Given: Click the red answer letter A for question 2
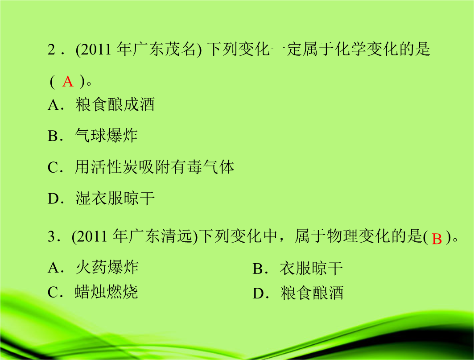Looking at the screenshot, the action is pyautogui.click(x=68, y=82).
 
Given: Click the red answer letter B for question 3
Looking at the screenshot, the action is pyautogui.click(x=437, y=239).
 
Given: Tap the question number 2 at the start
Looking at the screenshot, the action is pyautogui.click(x=51, y=50).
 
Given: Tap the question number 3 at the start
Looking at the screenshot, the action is pyautogui.click(x=51, y=236).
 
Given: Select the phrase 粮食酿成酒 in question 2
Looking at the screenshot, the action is pyautogui.click(x=115, y=104).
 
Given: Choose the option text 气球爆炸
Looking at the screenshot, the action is pyautogui.click(x=107, y=135).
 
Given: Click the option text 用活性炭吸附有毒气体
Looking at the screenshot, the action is pyautogui.click(x=154, y=167).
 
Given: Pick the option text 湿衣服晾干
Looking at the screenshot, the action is pyautogui.click(x=115, y=198).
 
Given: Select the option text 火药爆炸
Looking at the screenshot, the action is pyautogui.click(x=107, y=267).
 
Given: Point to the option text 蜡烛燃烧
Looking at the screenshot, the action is pyautogui.click(x=107, y=292).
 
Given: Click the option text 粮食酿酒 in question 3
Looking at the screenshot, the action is pyautogui.click(x=312, y=293).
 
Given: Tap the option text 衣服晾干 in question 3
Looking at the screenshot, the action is pyautogui.click(x=311, y=269).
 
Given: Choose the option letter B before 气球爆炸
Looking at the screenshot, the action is pyautogui.click(x=53, y=136).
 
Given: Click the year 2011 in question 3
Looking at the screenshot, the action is pyautogui.click(x=92, y=236).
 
